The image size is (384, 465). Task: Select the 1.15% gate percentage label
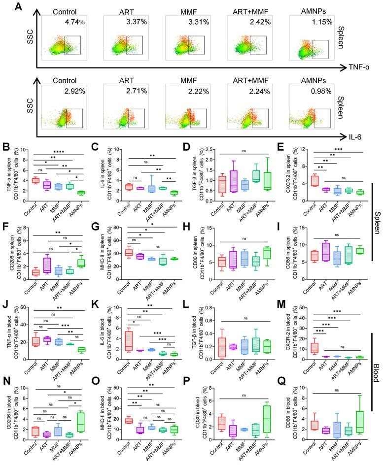pyautogui.click(x=320, y=22)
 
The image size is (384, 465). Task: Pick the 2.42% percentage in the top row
pyautogui.click(x=258, y=22)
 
